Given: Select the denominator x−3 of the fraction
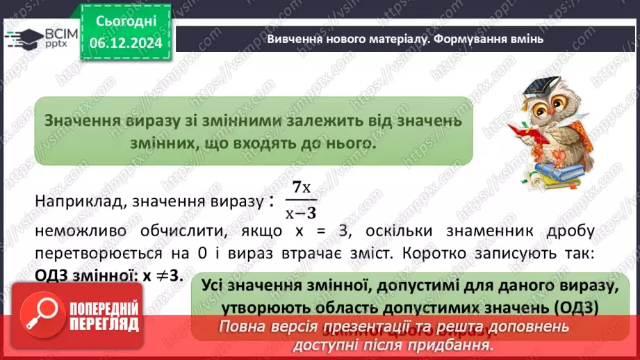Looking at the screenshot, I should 301,213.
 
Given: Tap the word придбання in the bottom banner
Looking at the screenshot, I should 458,344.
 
